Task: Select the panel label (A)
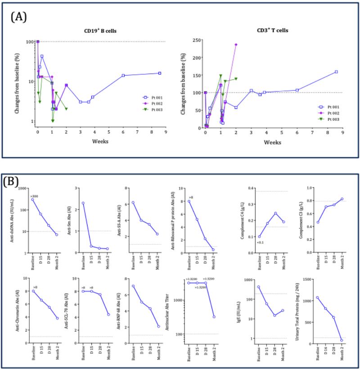tap(20, 17)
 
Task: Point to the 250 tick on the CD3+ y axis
tap(196, 40)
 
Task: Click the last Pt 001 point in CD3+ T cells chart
tap(336, 72)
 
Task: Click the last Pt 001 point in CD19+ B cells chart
tap(160, 73)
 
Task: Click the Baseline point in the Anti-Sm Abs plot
tap(83, 203)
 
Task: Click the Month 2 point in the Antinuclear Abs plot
tap(214, 317)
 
